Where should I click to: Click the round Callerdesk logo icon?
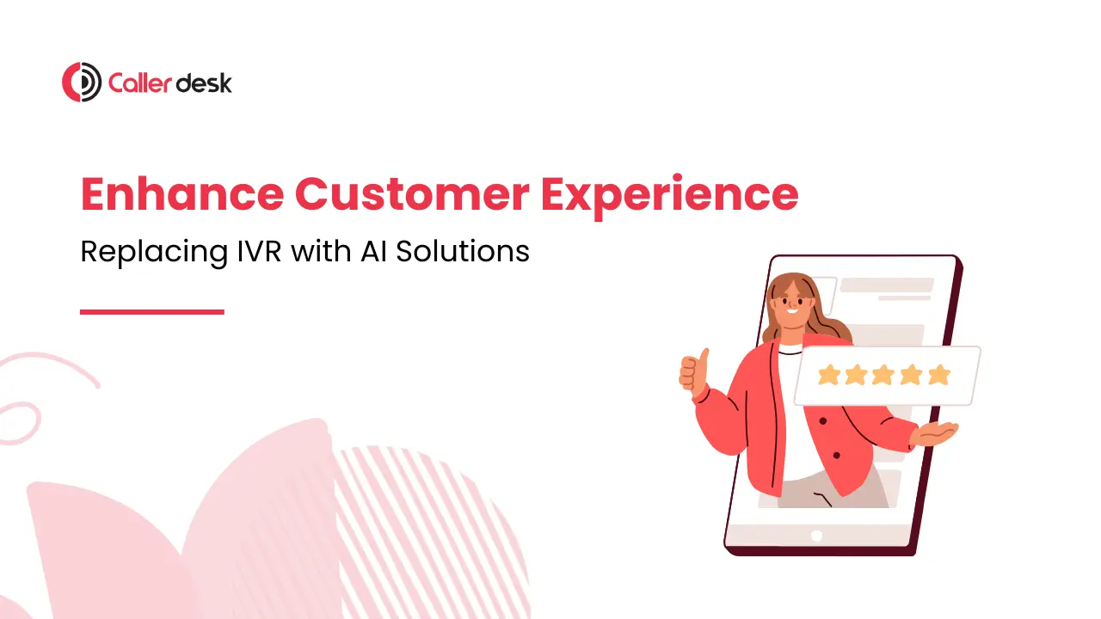click(82, 83)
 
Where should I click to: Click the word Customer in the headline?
click(412, 194)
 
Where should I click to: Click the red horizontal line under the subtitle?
click(152, 312)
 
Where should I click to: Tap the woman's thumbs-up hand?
click(693, 371)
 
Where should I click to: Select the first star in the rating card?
click(828, 375)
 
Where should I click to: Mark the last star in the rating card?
click(939, 375)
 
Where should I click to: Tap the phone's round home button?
click(816, 535)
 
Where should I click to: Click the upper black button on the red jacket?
click(823, 421)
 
